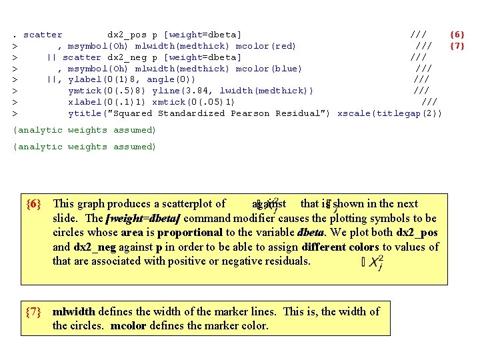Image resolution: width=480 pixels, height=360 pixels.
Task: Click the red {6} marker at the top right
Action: [457, 34]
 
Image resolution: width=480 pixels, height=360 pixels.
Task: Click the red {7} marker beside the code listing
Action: [457, 45]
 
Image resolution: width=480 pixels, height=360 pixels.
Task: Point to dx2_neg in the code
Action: [127, 57]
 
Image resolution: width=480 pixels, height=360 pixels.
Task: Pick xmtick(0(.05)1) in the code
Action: [193, 101]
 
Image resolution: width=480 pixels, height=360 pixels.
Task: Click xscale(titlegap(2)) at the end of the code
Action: [389, 113]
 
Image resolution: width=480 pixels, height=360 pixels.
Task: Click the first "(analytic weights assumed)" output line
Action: [85, 130]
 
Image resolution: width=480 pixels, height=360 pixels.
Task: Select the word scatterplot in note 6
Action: [193, 204]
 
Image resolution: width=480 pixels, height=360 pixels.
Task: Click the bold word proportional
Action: [190, 233]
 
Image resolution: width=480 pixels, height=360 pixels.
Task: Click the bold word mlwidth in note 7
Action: [75, 311]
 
